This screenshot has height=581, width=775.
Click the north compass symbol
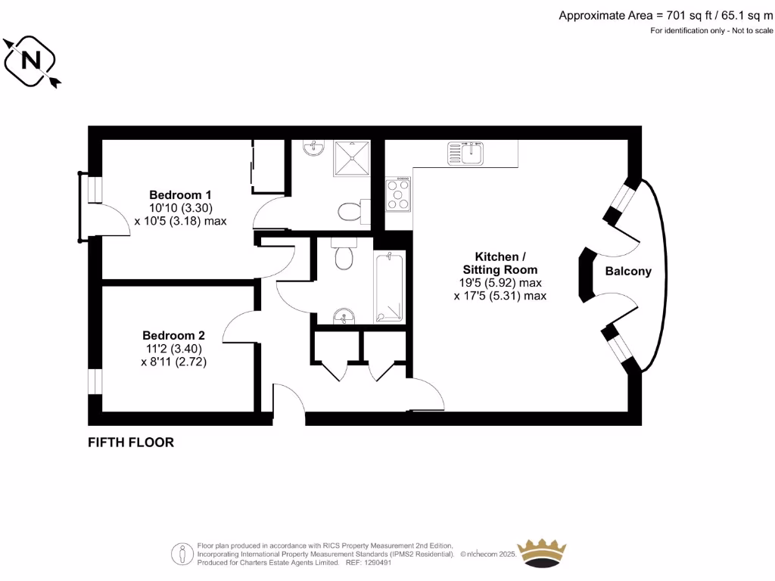pyautogui.click(x=32, y=60)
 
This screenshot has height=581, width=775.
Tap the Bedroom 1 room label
pyautogui.click(x=180, y=194)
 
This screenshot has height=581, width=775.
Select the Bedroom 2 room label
pyautogui.click(x=174, y=335)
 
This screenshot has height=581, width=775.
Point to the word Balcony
pyautogui.click(x=628, y=272)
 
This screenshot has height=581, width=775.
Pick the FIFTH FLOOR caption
pyautogui.click(x=131, y=443)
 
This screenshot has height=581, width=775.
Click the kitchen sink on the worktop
pyautogui.click(x=473, y=154)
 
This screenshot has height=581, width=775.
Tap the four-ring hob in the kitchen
pyautogui.click(x=398, y=194)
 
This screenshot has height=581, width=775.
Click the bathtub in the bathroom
pyautogui.click(x=389, y=287)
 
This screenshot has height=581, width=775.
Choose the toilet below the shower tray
pyautogui.click(x=350, y=210)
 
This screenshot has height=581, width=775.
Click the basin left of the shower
pyautogui.click(x=312, y=149)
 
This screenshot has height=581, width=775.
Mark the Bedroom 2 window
pyautogui.click(x=95, y=382)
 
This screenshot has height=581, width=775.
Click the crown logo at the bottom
pyautogui.click(x=541, y=554)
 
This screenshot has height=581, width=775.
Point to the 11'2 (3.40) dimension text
pyautogui.click(x=174, y=349)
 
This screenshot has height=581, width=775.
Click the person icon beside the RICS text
pyautogui.click(x=181, y=554)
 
